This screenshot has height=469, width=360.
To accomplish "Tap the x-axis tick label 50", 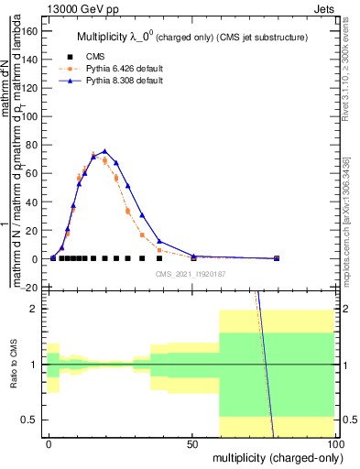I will pyautogui.click(x=193, y=442).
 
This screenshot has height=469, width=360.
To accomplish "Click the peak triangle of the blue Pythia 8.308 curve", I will pyautogui.click(x=105, y=151).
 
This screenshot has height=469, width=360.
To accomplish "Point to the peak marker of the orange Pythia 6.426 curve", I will pyautogui.click(x=93, y=155).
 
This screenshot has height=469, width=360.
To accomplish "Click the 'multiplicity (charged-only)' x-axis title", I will pyautogui.click(x=274, y=456).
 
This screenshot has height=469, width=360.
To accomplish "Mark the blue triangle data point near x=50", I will pyautogui.click(x=193, y=256).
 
